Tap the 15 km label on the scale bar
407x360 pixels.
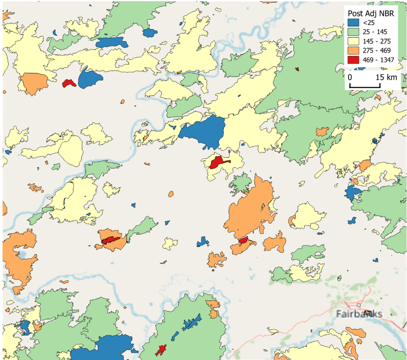387,77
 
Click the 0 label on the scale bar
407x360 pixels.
350,77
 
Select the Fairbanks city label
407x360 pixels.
359,314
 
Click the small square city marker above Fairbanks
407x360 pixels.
359,305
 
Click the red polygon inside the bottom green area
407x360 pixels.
162,350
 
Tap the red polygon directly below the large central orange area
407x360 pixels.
243,240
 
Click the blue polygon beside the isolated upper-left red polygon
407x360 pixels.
89,78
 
